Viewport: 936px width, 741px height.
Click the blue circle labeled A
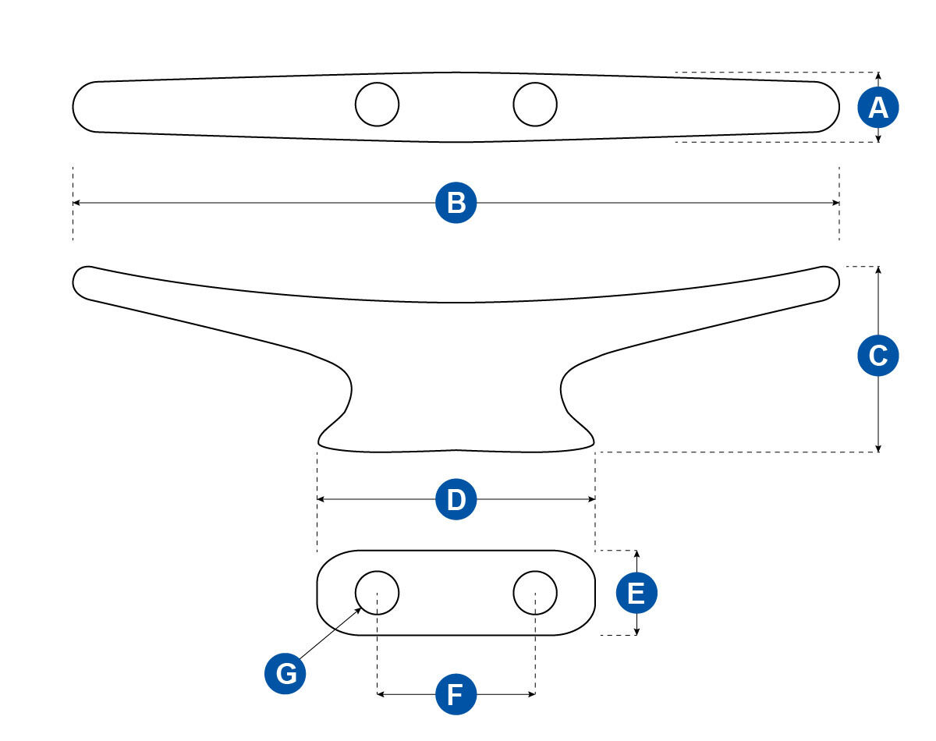point(878,108)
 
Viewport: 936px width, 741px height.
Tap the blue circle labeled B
point(456,203)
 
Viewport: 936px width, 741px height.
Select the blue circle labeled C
point(878,356)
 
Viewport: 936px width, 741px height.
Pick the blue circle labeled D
point(456,499)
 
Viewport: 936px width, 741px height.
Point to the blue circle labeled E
point(636,594)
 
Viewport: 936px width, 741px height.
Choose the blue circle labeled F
point(456,693)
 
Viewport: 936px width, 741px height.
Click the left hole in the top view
point(377,104)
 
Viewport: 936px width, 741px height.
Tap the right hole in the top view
point(535,104)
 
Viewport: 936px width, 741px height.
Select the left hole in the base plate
point(377,592)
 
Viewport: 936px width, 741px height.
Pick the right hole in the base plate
point(535,592)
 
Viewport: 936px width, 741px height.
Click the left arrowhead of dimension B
point(76,203)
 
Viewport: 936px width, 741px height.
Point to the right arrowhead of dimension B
point(836,203)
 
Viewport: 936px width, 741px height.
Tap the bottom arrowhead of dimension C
point(878,448)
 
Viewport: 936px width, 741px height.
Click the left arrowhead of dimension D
point(321,499)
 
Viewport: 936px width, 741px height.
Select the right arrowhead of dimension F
point(532,693)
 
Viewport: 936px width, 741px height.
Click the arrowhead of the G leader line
point(360,609)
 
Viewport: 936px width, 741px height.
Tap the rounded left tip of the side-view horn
point(81,281)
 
